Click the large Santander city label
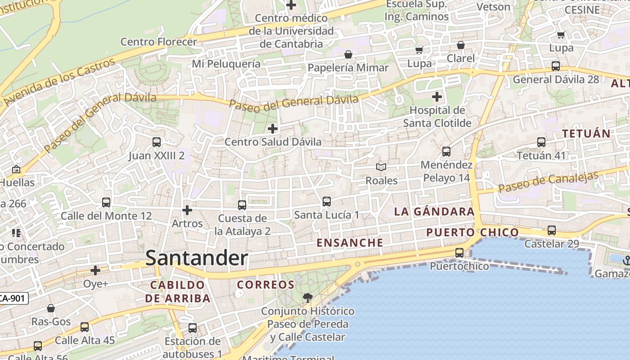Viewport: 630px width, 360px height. click(x=197, y=258)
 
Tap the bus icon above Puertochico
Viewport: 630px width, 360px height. click(x=459, y=252)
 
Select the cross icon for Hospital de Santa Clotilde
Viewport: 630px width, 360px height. click(x=436, y=97)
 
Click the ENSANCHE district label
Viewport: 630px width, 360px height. click(x=350, y=243)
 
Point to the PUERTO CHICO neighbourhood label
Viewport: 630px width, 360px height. click(x=472, y=232)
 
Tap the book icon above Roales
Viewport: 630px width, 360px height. click(x=381, y=167)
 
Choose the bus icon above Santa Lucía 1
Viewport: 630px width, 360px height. click(x=327, y=201)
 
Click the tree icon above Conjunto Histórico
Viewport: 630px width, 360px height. click(x=308, y=297)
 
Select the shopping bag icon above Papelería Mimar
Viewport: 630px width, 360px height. click(x=348, y=55)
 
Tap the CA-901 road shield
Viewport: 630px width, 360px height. click(x=13, y=298)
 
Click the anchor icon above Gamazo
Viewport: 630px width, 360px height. click(x=626, y=260)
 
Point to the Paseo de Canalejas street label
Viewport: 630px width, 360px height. click(x=548, y=181)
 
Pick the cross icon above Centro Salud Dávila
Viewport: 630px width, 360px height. click(x=273, y=129)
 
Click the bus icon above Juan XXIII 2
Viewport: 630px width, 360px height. click(x=156, y=142)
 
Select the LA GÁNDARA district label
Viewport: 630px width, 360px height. click(x=434, y=211)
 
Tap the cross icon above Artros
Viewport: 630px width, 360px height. click(x=187, y=210)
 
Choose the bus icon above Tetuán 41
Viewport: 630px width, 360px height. click(x=541, y=142)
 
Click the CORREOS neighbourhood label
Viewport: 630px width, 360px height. click(x=265, y=284)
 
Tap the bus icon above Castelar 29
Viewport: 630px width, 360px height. click(x=552, y=230)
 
